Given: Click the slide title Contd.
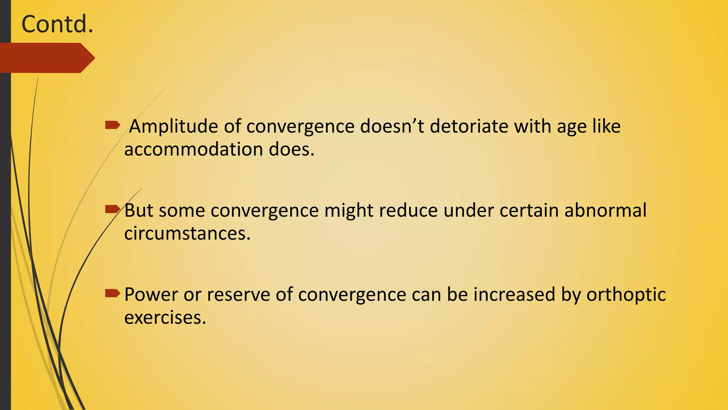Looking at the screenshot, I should [57, 24].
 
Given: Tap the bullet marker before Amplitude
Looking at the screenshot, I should [113, 125].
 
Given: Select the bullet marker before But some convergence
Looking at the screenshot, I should [113, 209].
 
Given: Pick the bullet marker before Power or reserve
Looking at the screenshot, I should [113, 294].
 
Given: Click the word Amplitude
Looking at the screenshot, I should [173, 127].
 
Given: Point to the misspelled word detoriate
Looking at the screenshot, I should [469, 126].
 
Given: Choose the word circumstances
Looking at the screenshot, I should [187, 233].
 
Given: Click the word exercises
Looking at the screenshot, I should [165, 317].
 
